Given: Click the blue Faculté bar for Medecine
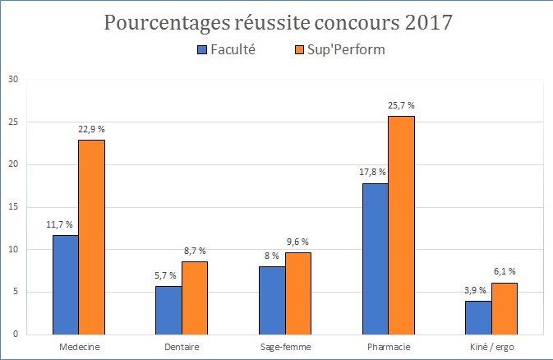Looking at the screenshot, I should pyautogui.click(x=66, y=284).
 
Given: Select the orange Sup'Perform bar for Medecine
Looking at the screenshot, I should pyautogui.click(x=91, y=237).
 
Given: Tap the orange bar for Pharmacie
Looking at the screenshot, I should pyautogui.click(x=401, y=225).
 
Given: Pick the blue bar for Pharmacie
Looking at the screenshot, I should pyautogui.click(x=376, y=258).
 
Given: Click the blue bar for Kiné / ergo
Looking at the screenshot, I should pyautogui.click(x=479, y=317).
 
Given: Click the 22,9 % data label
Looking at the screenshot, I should pyautogui.click(x=91, y=129).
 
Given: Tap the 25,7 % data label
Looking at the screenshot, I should pyautogui.click(x=401, y=105).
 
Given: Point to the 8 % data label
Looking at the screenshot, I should pyautogui.click(x=272, y=256).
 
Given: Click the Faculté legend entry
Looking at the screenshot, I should pyautogui.click(x=226, y=50).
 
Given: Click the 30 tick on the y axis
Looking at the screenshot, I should pyautogui.click(x=12, y=80).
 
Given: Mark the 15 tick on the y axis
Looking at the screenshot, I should pyautogui.click(x=12, y=207).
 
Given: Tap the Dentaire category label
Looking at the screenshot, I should pyautogui.click(x=182, y=347).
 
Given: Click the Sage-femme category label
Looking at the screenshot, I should pyautogui.click(x=286, y=347).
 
